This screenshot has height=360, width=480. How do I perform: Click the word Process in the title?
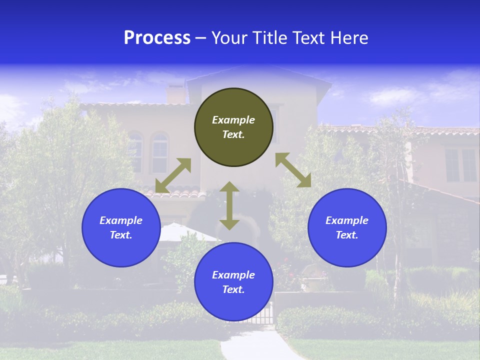point(157,38)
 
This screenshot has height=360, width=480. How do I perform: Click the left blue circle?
point(121,227)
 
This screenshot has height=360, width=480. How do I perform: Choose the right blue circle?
point(347,227)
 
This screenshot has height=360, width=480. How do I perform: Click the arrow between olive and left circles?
point(173,175)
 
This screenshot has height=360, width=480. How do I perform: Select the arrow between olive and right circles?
point(293,170)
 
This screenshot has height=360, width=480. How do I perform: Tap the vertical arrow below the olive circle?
point(229,205)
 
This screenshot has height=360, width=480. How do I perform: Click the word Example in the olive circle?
point(233,120)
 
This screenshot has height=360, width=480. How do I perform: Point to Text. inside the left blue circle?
point(121,235)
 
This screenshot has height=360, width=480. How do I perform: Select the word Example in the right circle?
point(347,220)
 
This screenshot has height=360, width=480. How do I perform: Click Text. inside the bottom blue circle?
point(233,290)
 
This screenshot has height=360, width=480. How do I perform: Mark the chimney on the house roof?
point(175,94)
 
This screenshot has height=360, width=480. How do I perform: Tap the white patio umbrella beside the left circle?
point(180,232)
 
